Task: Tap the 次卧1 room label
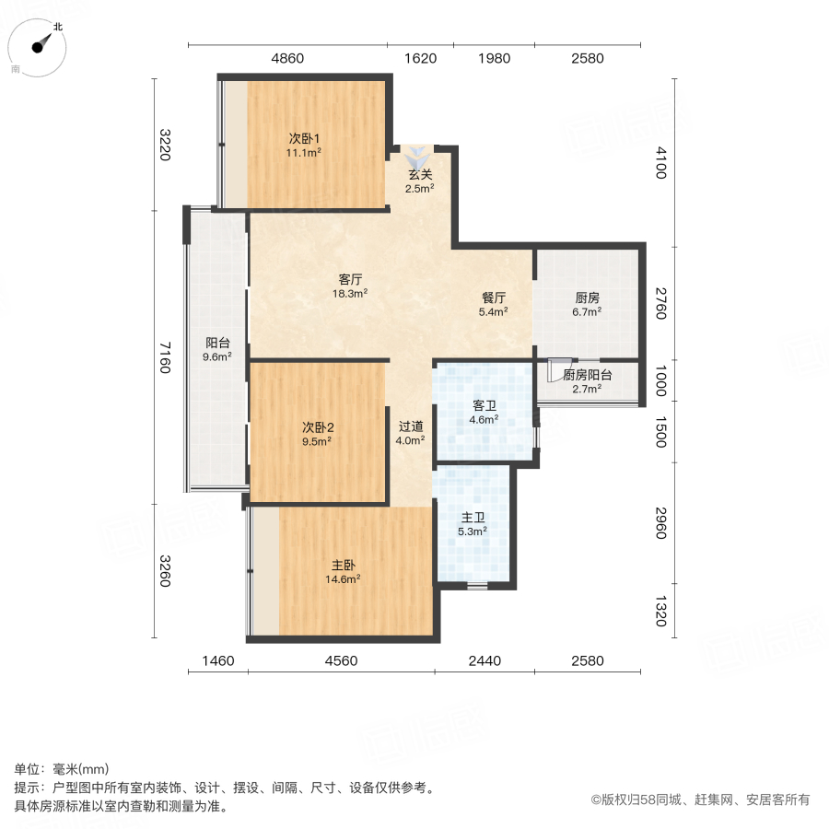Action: tap(304, 138)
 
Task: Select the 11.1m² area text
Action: tap(304, 153)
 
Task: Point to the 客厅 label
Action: tap(350, 279)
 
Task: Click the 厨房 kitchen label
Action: tap(587, 298)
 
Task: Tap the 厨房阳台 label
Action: tap(588, 375)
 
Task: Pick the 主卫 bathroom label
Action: tap(473, 517)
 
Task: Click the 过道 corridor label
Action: tap(411, 426)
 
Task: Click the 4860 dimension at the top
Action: tap(286, 59)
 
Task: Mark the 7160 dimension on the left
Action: tap(164, 357)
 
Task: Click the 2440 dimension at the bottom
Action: tap(484, 660)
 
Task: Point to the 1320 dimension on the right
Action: tap(660, 610)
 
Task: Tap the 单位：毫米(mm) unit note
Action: tap(62, 769)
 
